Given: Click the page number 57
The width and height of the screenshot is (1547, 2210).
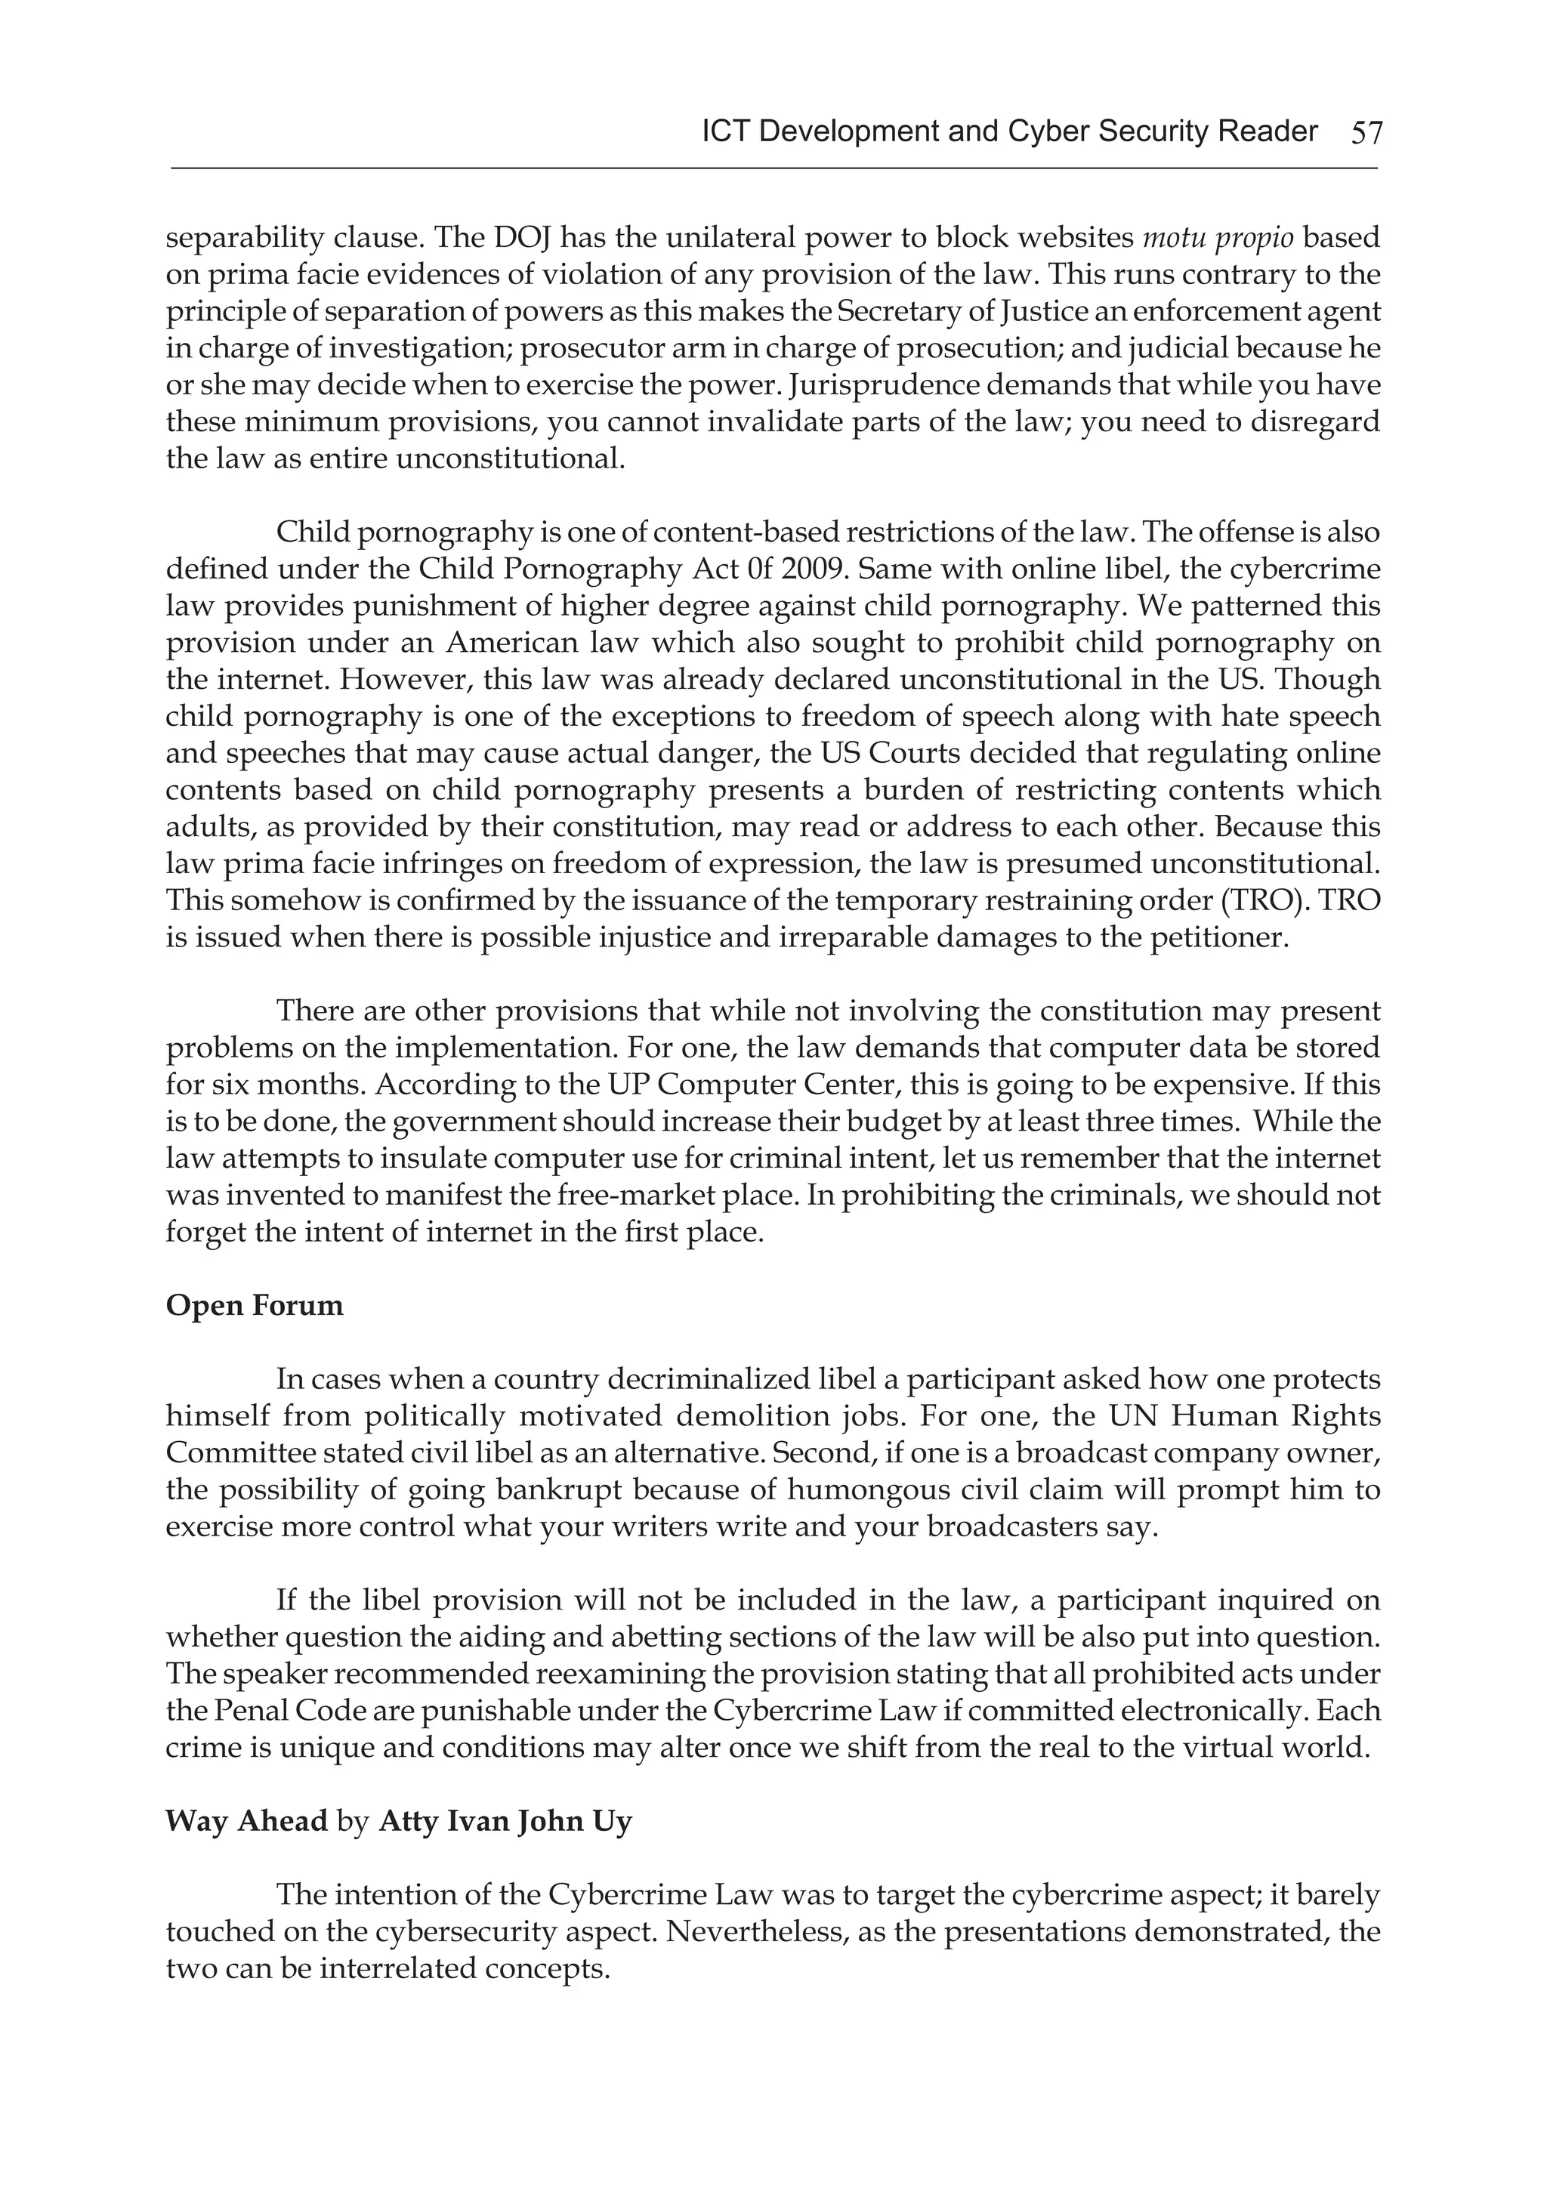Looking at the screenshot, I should coord(1366,133).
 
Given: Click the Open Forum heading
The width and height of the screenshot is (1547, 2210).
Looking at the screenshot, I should coord(254,1306).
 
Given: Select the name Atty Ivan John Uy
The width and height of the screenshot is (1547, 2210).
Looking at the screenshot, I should coord(505,1822).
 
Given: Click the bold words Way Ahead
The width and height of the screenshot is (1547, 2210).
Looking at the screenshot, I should coord(246,1822).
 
